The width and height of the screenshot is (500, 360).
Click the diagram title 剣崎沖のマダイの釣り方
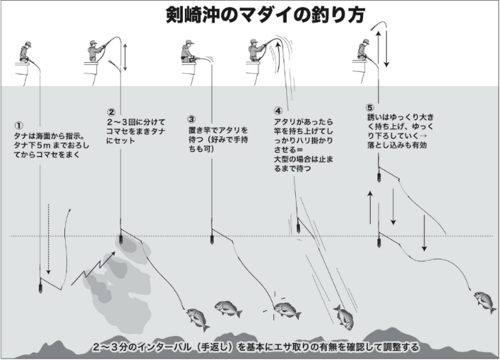(x=265, y=14)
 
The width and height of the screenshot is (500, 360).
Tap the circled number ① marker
(x=18, y=125)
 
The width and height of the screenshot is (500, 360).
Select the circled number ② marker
(x=111, y=112)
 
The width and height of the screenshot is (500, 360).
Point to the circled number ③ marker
(x=192, y=119)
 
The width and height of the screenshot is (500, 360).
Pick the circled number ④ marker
(x=278, y=111)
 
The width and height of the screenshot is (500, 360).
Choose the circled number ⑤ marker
(x=370, y=107)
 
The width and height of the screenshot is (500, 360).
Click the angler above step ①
(x=25, y=52)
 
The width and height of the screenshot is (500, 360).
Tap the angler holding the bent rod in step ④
(x=256, y=51)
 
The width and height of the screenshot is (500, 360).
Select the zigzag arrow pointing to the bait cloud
(x=92, y=268)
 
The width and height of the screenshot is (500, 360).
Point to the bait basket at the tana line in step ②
(x=121, y=240)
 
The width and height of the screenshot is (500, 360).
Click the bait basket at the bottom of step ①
(x=40, y=286)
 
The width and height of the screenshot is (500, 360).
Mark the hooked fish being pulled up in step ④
(x=344, y=318)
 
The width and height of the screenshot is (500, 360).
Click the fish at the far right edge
(x=485, y=300)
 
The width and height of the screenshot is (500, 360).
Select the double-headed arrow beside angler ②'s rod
(x=125, y=57)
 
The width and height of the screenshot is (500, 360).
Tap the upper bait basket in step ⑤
(x=379, y=177)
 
